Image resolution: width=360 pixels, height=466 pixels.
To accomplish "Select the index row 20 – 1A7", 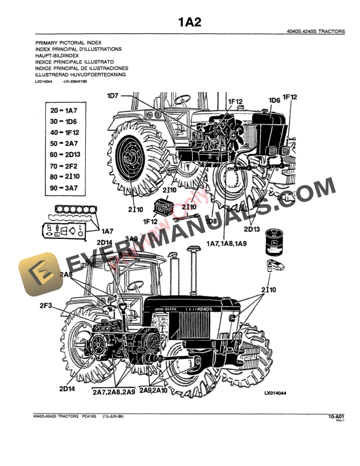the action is click(x=64, y=111).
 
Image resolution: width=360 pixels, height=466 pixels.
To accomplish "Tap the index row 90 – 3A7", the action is click(x=64, y=188).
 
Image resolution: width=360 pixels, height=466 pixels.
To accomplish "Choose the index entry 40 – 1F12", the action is click(x=64, y=132).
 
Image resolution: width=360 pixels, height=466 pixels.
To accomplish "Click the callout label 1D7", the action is click(x=112, y=95).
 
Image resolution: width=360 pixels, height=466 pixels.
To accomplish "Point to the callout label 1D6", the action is click(x=274, y=101).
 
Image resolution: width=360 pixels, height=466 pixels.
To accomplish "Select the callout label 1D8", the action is click(x=212, y=222).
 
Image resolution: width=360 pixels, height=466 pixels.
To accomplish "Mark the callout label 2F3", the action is click(x=46, y=305).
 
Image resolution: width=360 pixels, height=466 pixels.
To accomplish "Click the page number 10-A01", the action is click(x=336, y=417).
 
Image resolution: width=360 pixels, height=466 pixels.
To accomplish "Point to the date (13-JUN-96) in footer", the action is click(x=113, y=417).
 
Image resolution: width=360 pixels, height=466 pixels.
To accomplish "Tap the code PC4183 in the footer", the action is click(x=90, y=417).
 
